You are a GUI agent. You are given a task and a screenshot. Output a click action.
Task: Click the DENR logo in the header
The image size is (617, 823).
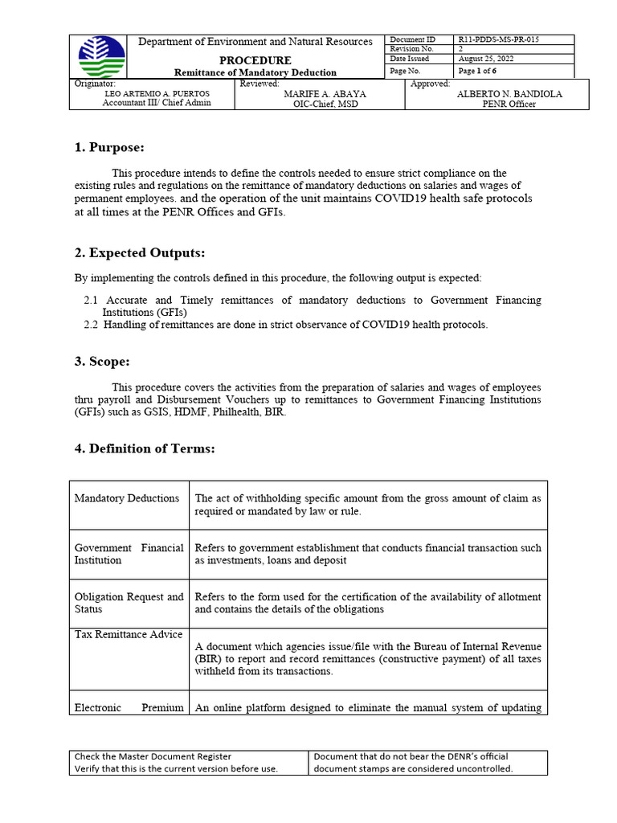102,57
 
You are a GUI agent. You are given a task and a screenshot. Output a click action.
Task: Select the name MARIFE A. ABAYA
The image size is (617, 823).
319,94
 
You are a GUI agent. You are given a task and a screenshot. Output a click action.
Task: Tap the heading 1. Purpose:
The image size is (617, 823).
109,147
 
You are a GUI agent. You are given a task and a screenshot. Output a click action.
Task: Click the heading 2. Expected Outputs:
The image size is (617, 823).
140,253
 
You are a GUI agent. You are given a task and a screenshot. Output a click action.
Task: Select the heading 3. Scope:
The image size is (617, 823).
102,362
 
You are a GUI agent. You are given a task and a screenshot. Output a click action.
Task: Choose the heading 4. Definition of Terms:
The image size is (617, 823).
145,448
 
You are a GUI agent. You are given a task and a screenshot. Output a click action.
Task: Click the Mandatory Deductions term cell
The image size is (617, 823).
127,498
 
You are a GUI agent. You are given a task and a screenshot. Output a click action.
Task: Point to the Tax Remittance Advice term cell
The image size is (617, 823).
125,635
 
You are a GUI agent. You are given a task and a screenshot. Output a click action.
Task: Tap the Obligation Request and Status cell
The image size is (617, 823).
129,603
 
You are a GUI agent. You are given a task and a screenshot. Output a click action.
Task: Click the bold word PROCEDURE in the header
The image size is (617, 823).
256,60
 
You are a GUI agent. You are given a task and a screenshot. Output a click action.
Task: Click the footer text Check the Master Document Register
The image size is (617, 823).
153,756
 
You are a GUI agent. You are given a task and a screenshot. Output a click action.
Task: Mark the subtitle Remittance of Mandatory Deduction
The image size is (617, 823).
256,72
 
